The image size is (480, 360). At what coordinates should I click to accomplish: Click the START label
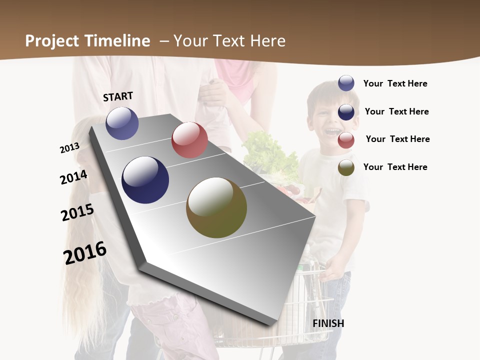(x=118, y=96)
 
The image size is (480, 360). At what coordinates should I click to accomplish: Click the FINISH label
(x=328, y=323)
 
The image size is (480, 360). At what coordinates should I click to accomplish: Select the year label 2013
(x=69, y=148)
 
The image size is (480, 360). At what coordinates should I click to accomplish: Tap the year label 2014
(x=73, y=177)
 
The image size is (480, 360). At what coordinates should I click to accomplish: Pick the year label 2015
(x=77, y=212)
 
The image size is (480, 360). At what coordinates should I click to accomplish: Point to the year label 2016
(x=85, y=253)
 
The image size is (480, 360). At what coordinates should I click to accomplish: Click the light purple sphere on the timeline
(x=122, y=123)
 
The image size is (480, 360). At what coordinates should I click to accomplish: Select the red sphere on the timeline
(x=189, y=140)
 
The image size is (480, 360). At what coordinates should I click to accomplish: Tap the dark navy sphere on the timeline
(x=145, y=180)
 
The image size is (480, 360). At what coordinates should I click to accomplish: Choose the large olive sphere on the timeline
(x=216, y=207)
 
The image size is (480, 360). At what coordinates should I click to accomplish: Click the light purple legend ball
(x=346, y=83)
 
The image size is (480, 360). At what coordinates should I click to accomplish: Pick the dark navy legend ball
(x=346, y=112)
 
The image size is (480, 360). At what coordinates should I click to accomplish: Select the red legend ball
(x=346, y=140)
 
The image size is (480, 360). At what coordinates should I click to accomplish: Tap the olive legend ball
(x=346, y=168)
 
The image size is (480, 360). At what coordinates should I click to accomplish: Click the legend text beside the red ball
(x=397, y=139)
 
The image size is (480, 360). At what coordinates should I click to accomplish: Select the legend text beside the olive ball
(x=395, y=167)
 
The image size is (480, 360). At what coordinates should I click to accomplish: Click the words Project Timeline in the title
(x=87, y=41)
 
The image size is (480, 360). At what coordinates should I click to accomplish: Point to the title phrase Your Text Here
(x=229, y=41)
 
